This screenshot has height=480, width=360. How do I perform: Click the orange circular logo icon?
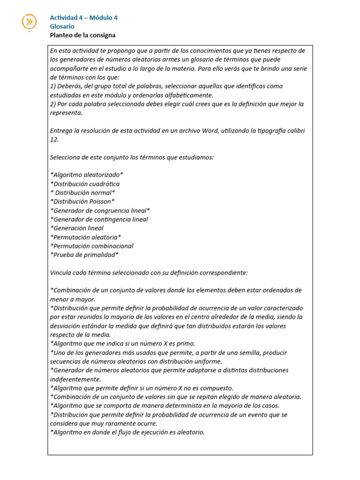coord(29,22)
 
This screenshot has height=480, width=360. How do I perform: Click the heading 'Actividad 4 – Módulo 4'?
coord(83,18)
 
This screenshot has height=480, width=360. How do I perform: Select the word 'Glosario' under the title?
coord(62,27)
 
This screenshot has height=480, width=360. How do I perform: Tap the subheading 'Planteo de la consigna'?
coord(82,35)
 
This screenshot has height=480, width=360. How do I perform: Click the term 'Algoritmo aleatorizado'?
coord(86,175)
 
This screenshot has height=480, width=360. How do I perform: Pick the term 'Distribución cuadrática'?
coord(85,184)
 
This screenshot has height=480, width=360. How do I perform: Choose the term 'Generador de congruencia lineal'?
coord(100,210)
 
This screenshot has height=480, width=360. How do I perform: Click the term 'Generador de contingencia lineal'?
coord(99,219)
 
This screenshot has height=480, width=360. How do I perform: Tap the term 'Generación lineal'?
coord(77,228)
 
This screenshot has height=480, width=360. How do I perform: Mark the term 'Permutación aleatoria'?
coord(85,237)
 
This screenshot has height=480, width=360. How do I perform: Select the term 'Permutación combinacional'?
coord(92,246)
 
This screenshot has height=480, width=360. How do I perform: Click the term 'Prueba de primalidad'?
coord(84,255)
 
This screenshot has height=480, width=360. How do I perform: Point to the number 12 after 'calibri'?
coord(53,140)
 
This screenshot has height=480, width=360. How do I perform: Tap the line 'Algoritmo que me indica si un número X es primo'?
coord(122,344)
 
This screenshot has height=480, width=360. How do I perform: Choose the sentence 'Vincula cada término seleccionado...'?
coord(149,273)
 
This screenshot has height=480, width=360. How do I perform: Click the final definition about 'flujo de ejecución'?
coord(127,433)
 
